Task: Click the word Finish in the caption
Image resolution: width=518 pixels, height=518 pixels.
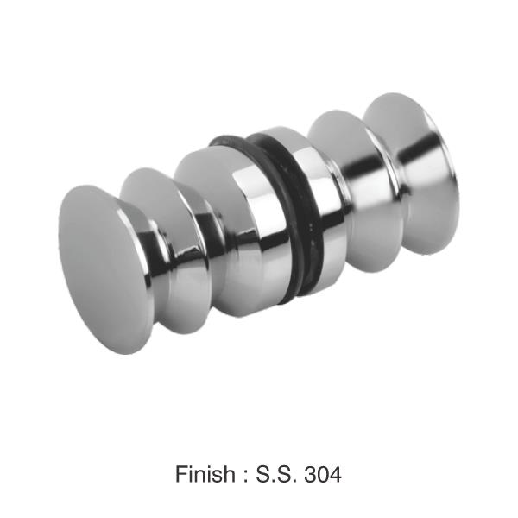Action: pyautogui.click(x=205, y=474)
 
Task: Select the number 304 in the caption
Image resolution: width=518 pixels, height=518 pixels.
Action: pyautogui.click(x=323, y=474)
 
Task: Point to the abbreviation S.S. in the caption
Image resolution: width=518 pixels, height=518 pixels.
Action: pyautogui.click(x=276, y=474)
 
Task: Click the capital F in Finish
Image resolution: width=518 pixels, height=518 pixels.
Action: pyautogui.click(x=181, y=474)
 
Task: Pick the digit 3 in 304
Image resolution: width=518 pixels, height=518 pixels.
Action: pyautogui.click(x=310, y=474)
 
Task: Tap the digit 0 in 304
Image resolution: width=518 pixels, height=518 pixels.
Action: pyautogui.click(x=323, y=474)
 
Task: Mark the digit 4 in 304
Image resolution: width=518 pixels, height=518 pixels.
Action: pyautogui.click(x=336, y=474)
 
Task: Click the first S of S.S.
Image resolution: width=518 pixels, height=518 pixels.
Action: pyautogui.click(x=263, y=474)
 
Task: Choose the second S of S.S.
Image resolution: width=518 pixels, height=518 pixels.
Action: pyautogui.click(x=283, y=474)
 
